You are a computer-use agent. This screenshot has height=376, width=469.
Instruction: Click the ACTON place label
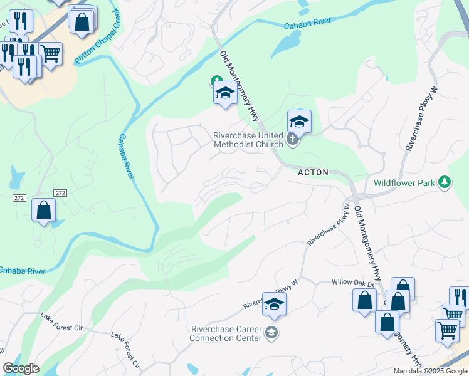click(x=312, y=172)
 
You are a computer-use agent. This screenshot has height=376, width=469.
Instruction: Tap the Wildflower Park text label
click(x=405, y=183)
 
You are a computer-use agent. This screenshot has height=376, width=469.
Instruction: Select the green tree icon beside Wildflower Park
click(x=445, y=182)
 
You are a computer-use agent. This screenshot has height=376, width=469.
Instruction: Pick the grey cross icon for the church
click(x=292, y=140)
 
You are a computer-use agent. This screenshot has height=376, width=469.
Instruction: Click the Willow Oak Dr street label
click(x=352, y=283)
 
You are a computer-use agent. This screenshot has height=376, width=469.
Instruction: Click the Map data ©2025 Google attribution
click(x=430, y=371)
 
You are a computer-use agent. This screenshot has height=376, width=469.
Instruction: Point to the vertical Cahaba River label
click(x=126, y=157)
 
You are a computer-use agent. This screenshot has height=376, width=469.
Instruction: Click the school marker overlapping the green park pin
click(x=225, y=93)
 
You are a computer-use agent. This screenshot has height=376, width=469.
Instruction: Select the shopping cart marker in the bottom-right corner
click(x=447, y=330)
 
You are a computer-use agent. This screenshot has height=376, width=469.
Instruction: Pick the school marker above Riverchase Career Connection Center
click(x=274, y=305)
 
